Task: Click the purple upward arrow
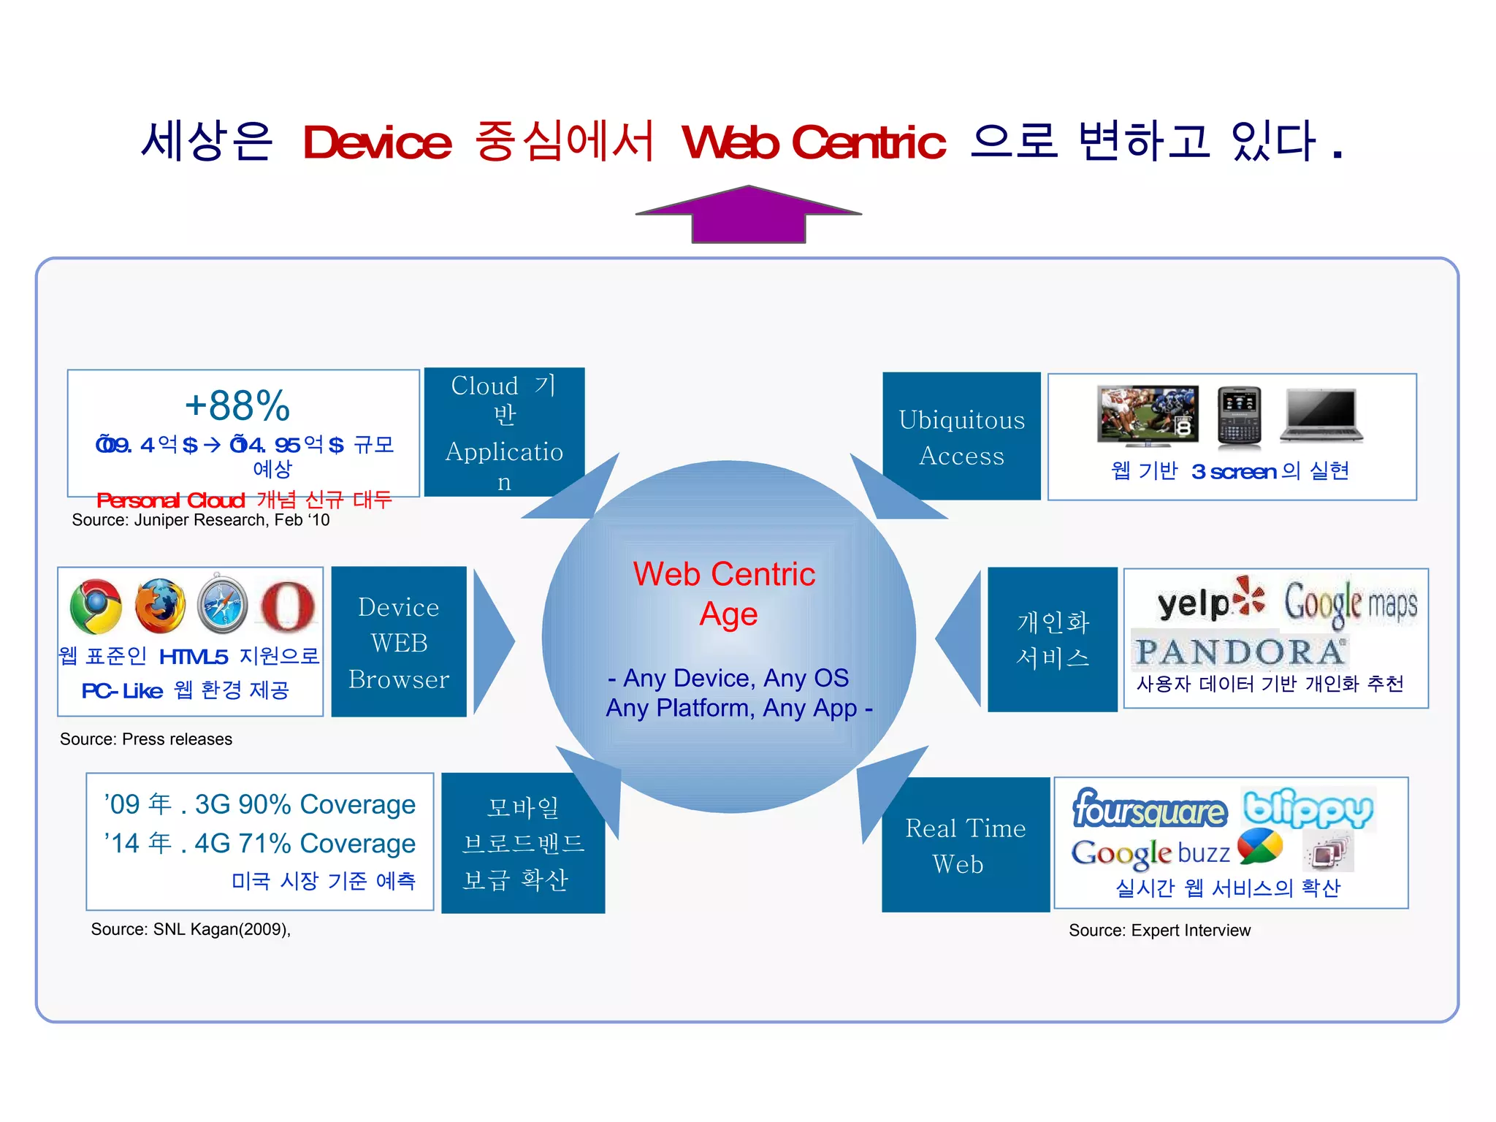coord(749,215)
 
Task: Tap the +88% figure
coord(237,406)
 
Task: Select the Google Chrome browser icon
coord(96,606)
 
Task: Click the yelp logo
coord(1210,602)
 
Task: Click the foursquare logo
coord(1150,810)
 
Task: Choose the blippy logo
coord(1308,809)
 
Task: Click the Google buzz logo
coord(1176,852)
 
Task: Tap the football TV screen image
coord(1148,415)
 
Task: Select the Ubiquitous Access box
coord(961,437)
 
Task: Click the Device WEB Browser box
coord(399,642)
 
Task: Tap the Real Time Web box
coord(965,845)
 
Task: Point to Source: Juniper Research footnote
coord(201,520)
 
